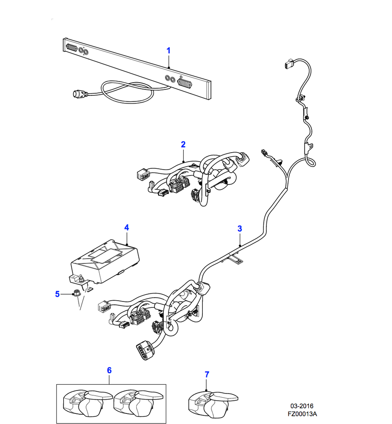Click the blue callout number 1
(x=168, y=51)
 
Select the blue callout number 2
(x=183, y=145)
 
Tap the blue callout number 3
(x=240, y=229)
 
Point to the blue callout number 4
(x=126, y=228)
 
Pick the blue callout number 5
(x=57, y=293)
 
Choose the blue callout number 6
(x=109, y=370)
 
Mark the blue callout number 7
(x=207, y=374)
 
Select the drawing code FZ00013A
(x=302, y=414)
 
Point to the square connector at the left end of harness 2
(x=143, y=174)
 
